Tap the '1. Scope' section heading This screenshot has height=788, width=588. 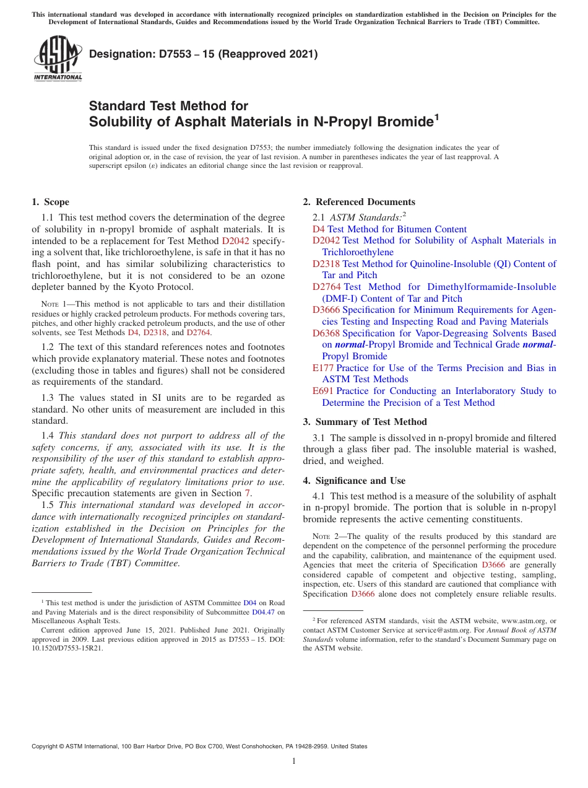tap(50, 202)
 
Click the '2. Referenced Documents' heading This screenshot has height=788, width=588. tap(359, 202)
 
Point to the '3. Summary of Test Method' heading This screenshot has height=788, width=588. tap(365, 422)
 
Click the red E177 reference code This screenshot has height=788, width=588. tap(323, 368)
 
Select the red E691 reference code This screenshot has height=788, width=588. tap(323, 391)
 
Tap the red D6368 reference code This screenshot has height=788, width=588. tap(326, 333)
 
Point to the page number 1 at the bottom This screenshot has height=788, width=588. tap(294, 761)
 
